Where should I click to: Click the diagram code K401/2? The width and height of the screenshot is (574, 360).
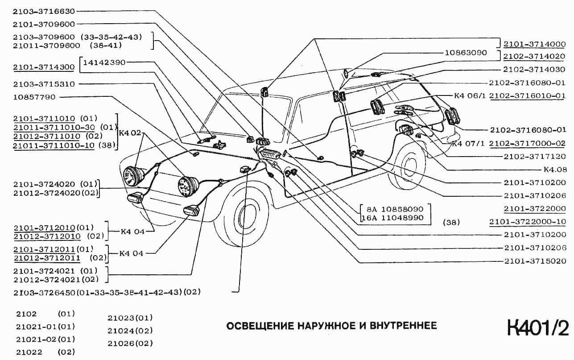tap(537, 328)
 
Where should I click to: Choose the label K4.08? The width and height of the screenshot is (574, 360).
tap(554, 170)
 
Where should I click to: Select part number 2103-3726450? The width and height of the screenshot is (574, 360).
tap(44, 293)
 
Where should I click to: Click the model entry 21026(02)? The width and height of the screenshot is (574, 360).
tap(130, 343)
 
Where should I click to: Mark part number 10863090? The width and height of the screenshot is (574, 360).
tap(466, 53)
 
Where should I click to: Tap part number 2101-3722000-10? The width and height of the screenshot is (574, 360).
tap(527, 222)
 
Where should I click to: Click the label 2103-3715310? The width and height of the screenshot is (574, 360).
tap(44, 84)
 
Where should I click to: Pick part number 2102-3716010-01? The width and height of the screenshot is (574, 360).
tap(527, 96)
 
